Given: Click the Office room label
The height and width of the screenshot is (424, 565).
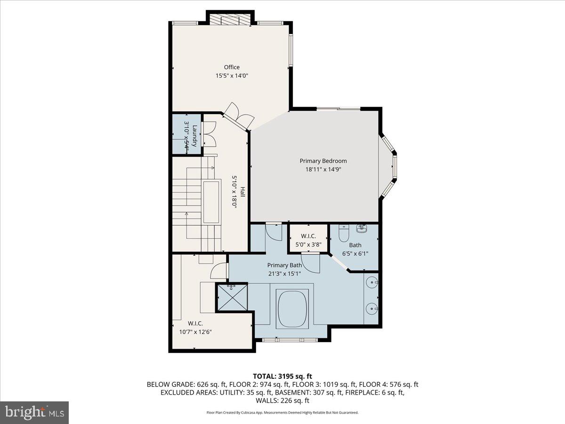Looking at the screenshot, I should (232, 67).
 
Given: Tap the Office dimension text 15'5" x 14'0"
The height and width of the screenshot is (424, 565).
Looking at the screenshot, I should (232, 75).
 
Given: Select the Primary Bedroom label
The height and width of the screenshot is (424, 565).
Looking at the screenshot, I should (323, 161).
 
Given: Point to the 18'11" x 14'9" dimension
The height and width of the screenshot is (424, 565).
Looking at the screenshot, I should (323, 170).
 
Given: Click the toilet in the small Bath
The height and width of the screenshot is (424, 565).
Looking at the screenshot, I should (343, 234).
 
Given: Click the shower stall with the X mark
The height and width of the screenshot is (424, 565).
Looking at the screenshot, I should (232, 297).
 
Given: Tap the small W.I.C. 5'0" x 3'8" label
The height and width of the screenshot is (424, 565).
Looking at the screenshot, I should (305, 240).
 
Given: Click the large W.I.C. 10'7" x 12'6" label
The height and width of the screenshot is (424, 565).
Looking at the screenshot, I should (195, 327).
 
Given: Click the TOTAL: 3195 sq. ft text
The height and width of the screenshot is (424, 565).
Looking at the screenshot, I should (282, 376).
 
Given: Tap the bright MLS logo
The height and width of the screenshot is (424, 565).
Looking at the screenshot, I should (34, 413).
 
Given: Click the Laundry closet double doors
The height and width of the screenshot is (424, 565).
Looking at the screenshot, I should (209, 133).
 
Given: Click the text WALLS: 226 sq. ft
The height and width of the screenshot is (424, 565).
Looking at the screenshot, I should (282, 400).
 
